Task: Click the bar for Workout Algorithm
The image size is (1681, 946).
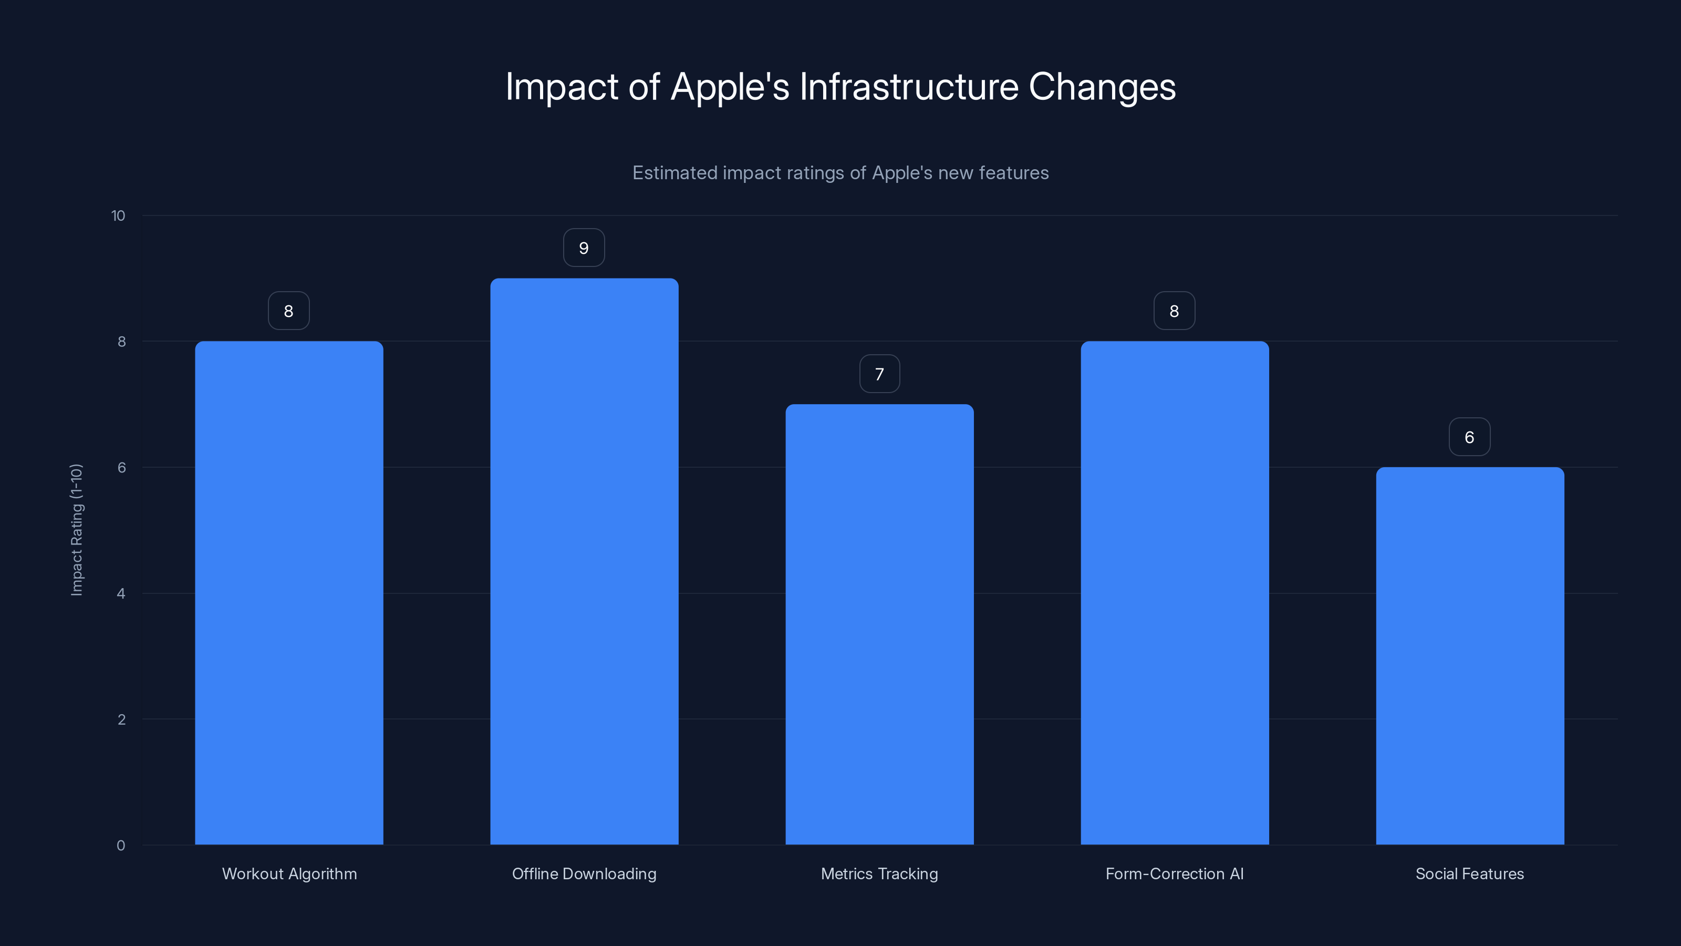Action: point(289,593)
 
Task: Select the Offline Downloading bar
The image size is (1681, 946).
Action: point(584,561)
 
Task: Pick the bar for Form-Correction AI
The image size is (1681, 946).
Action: point(1175,593)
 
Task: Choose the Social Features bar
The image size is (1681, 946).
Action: point(1470,655)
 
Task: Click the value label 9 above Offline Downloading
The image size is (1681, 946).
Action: point(584,248)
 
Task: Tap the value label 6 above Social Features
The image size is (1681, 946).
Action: point(1470,437)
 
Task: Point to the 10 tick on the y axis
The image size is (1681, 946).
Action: point(118,215)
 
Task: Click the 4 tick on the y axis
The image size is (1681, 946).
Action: point(121,593)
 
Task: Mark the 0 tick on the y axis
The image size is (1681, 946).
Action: point(121,846)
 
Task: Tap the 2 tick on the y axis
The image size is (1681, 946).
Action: point(121,719)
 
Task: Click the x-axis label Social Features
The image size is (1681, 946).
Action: point(1470,873)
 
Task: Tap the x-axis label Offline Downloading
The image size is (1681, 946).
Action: point(584,873)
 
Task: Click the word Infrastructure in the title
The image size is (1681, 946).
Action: point(908,87)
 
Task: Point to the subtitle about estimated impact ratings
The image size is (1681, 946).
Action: point(840,173)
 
